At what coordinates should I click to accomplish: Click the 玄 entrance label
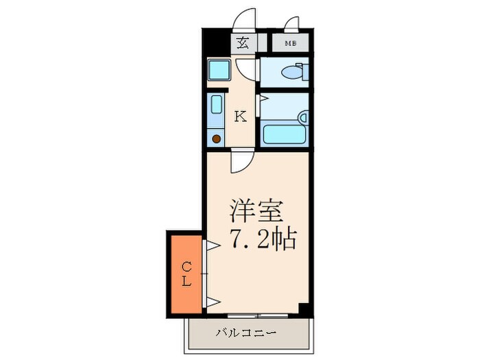coord(242,44)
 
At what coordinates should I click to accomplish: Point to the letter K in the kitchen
coord(240,116)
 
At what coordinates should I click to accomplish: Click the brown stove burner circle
coord(217,139)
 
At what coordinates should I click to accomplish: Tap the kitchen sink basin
coord(217,107)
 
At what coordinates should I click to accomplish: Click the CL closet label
coord(186,272)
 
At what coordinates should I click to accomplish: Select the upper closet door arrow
coord(211,243)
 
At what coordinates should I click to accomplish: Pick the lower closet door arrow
coord(211,302)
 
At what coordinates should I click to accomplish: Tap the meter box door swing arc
coord(293,26)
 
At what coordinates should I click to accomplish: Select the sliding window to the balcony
coord(257,315)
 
